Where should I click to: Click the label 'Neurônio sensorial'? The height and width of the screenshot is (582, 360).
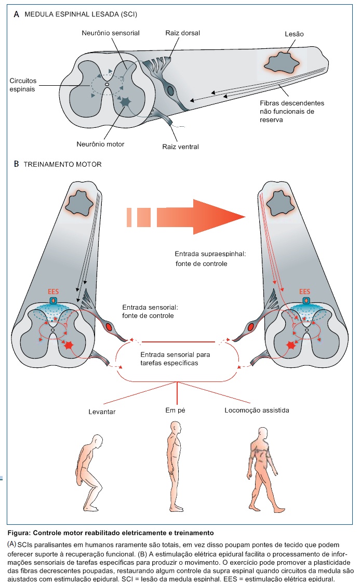coord(110,33)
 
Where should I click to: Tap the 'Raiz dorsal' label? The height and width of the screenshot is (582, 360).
coord(183,33)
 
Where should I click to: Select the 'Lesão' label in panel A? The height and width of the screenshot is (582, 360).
coord(294,34)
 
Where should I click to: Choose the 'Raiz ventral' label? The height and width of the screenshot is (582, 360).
coord(181,147)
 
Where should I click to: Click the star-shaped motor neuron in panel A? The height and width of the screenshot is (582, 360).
coord(125,102)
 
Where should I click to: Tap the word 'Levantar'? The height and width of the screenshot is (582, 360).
coord(102,411)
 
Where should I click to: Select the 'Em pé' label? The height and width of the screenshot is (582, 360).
coord(175,411)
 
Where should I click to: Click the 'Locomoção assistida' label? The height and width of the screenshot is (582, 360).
coord(257,411)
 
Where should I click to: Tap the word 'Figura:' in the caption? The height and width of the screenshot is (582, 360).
coord(20,533)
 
